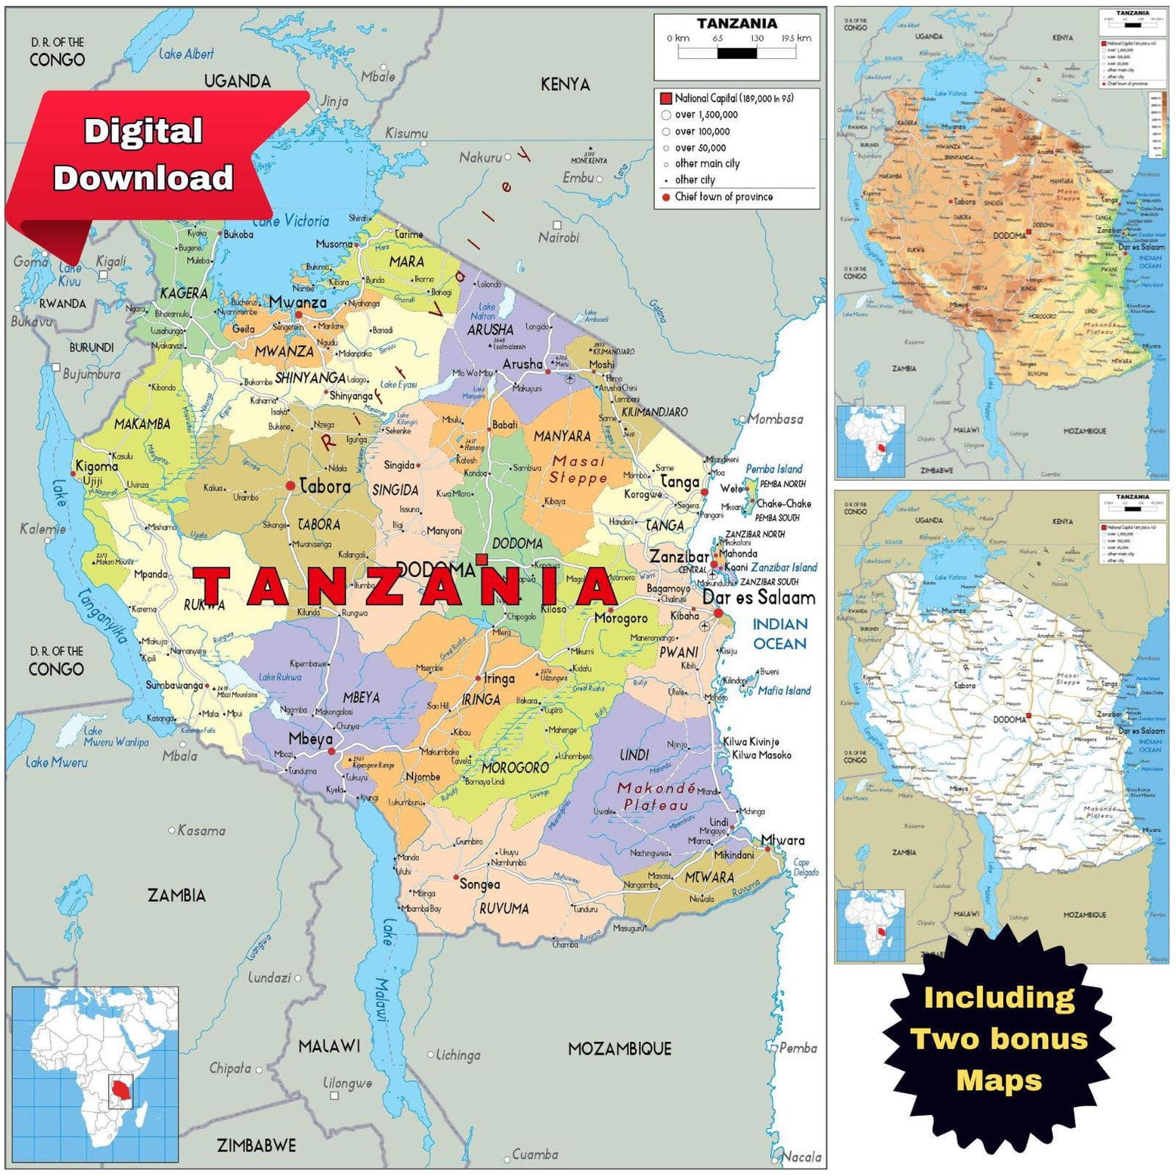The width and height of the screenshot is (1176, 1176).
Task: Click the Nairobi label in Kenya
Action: [559, 237]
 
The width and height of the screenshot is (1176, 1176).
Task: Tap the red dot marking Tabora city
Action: [290, 486]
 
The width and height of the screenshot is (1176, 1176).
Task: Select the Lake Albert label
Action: [186, 54]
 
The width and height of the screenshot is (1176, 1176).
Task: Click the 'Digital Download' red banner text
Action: [143, 154]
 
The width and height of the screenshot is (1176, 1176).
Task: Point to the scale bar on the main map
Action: [736, 53]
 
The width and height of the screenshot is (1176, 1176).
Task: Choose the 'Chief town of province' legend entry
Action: [723, 197]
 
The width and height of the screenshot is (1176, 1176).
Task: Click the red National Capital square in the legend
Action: [666, 98]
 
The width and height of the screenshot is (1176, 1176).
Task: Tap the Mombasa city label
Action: [775, 419]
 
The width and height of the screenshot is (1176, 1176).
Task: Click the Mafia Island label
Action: [784, 691]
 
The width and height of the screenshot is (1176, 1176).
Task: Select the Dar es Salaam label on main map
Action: [759, 598]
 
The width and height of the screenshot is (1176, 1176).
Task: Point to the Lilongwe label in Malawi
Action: [348, 1083]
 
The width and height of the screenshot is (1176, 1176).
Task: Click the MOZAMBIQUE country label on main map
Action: [620, 1049]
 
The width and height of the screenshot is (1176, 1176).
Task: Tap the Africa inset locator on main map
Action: [96, 1074]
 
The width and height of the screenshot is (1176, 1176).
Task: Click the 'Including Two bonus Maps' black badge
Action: [998, 1039]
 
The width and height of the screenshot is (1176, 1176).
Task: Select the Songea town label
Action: [479, 884]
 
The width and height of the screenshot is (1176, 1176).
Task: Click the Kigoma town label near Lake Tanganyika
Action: [96, 466]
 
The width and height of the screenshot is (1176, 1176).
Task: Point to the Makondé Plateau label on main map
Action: [656, 796]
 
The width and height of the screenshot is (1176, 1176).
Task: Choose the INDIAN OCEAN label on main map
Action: [779, 634]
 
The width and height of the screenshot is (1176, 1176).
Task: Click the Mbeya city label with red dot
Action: [310, 739]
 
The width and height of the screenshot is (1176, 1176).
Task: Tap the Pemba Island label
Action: [774, 469]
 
